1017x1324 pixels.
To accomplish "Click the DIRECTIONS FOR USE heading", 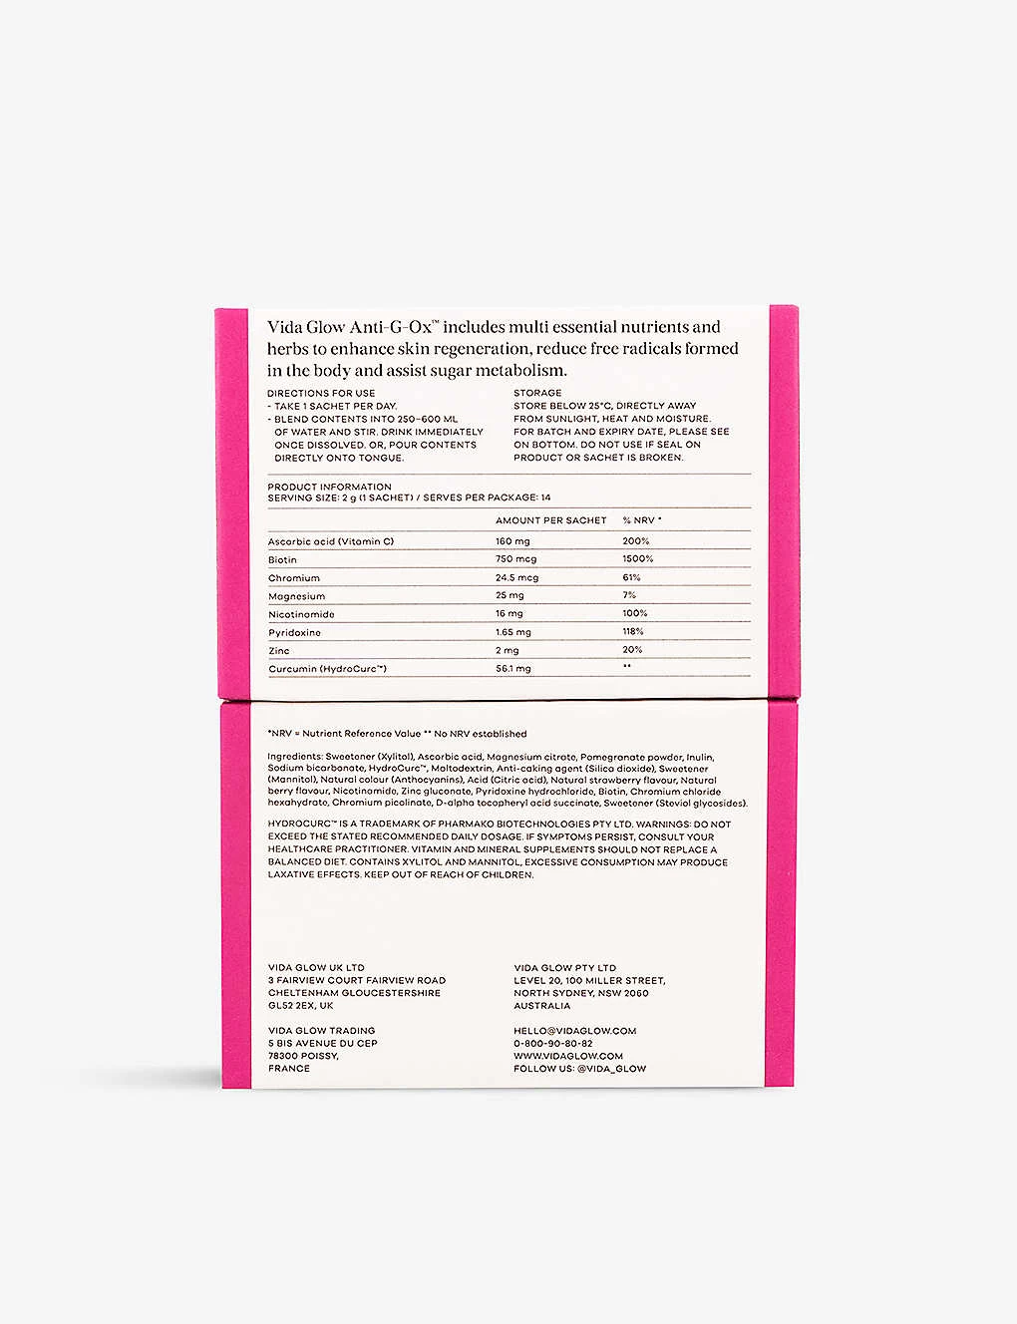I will pos(321,393).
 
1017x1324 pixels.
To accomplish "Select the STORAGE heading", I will pos(537,393).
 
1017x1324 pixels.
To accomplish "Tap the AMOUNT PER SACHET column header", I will pos(550,520).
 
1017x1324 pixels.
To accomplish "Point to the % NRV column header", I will pos(642,520).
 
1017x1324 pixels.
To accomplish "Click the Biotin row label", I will pos(282,560).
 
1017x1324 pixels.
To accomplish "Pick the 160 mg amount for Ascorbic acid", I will pos(512,541).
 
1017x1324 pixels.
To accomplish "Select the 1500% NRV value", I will pos(638,559).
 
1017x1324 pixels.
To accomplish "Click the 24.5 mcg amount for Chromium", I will pos(516,578).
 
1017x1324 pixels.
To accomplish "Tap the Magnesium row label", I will pos(296,596).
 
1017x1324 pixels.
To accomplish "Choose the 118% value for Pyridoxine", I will pos(633,632).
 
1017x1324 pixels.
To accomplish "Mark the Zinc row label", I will pos(279,651).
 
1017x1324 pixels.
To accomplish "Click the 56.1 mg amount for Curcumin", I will pos(513,669).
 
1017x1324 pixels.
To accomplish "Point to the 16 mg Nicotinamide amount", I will pos(508,614).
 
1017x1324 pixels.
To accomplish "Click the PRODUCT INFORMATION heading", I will pos(329,487).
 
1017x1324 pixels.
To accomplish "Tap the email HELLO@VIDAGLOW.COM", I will pos(574,1031).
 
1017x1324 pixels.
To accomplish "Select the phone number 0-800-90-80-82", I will pos(553,1044).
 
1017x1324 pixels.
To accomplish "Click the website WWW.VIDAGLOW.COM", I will pos(568,1056).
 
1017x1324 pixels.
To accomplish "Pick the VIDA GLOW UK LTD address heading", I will pos(316,967).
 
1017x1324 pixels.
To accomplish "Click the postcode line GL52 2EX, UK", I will pos(300,1006).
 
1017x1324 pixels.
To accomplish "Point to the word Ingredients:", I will pos(295,758).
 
